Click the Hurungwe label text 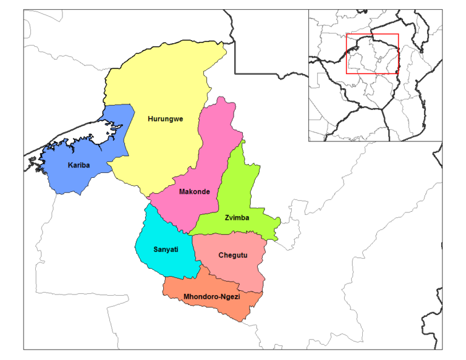[x=165, y=119]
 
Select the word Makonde [x=194, y=192]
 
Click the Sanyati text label [x=166, y=250]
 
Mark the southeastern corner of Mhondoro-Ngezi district [x=248, y=318]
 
